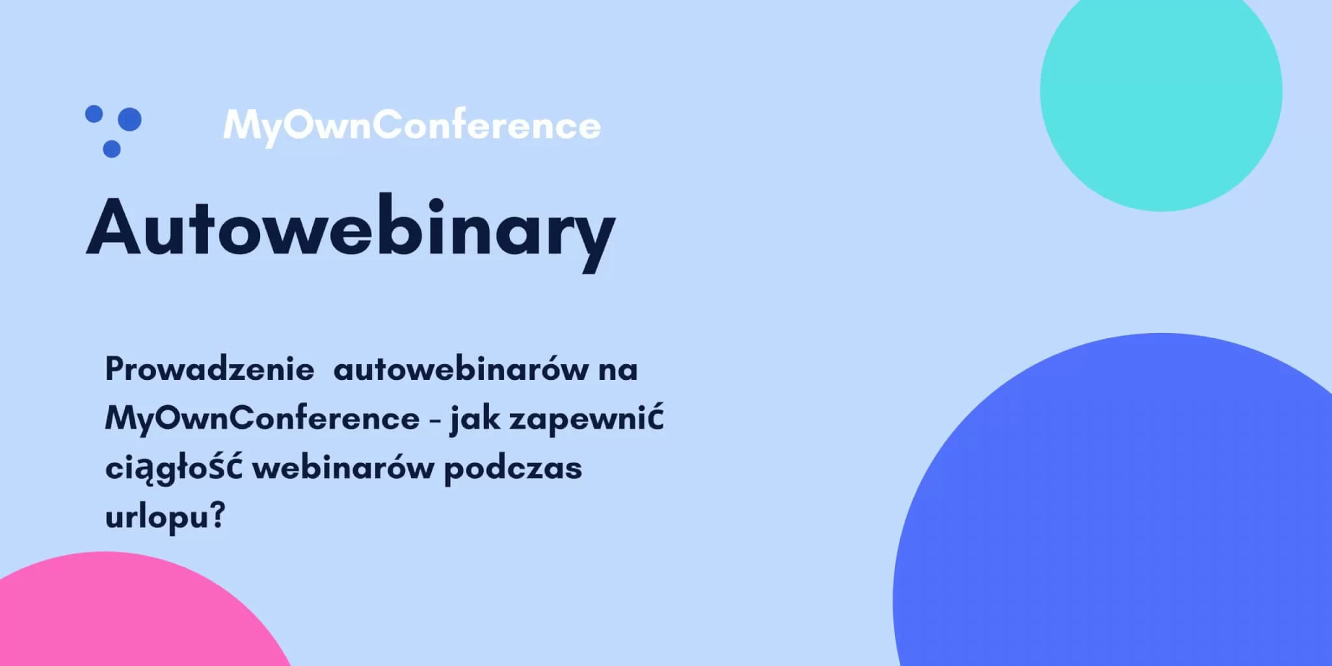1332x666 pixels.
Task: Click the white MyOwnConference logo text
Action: click(412, 126)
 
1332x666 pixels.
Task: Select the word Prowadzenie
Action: click(209, 369)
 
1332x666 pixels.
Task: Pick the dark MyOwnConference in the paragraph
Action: click(262, 418)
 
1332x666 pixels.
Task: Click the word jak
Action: click(475, 420)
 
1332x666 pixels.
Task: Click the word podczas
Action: click(513, 469)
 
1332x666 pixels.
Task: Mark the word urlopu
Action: click(157, 518)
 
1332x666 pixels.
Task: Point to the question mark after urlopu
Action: click(219, 516)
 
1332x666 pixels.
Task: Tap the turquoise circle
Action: click(1161, 91)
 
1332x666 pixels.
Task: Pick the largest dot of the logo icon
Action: click(131, 119)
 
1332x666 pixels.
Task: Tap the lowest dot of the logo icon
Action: click(112, 149)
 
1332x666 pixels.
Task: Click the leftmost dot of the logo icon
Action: click(94, 114)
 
